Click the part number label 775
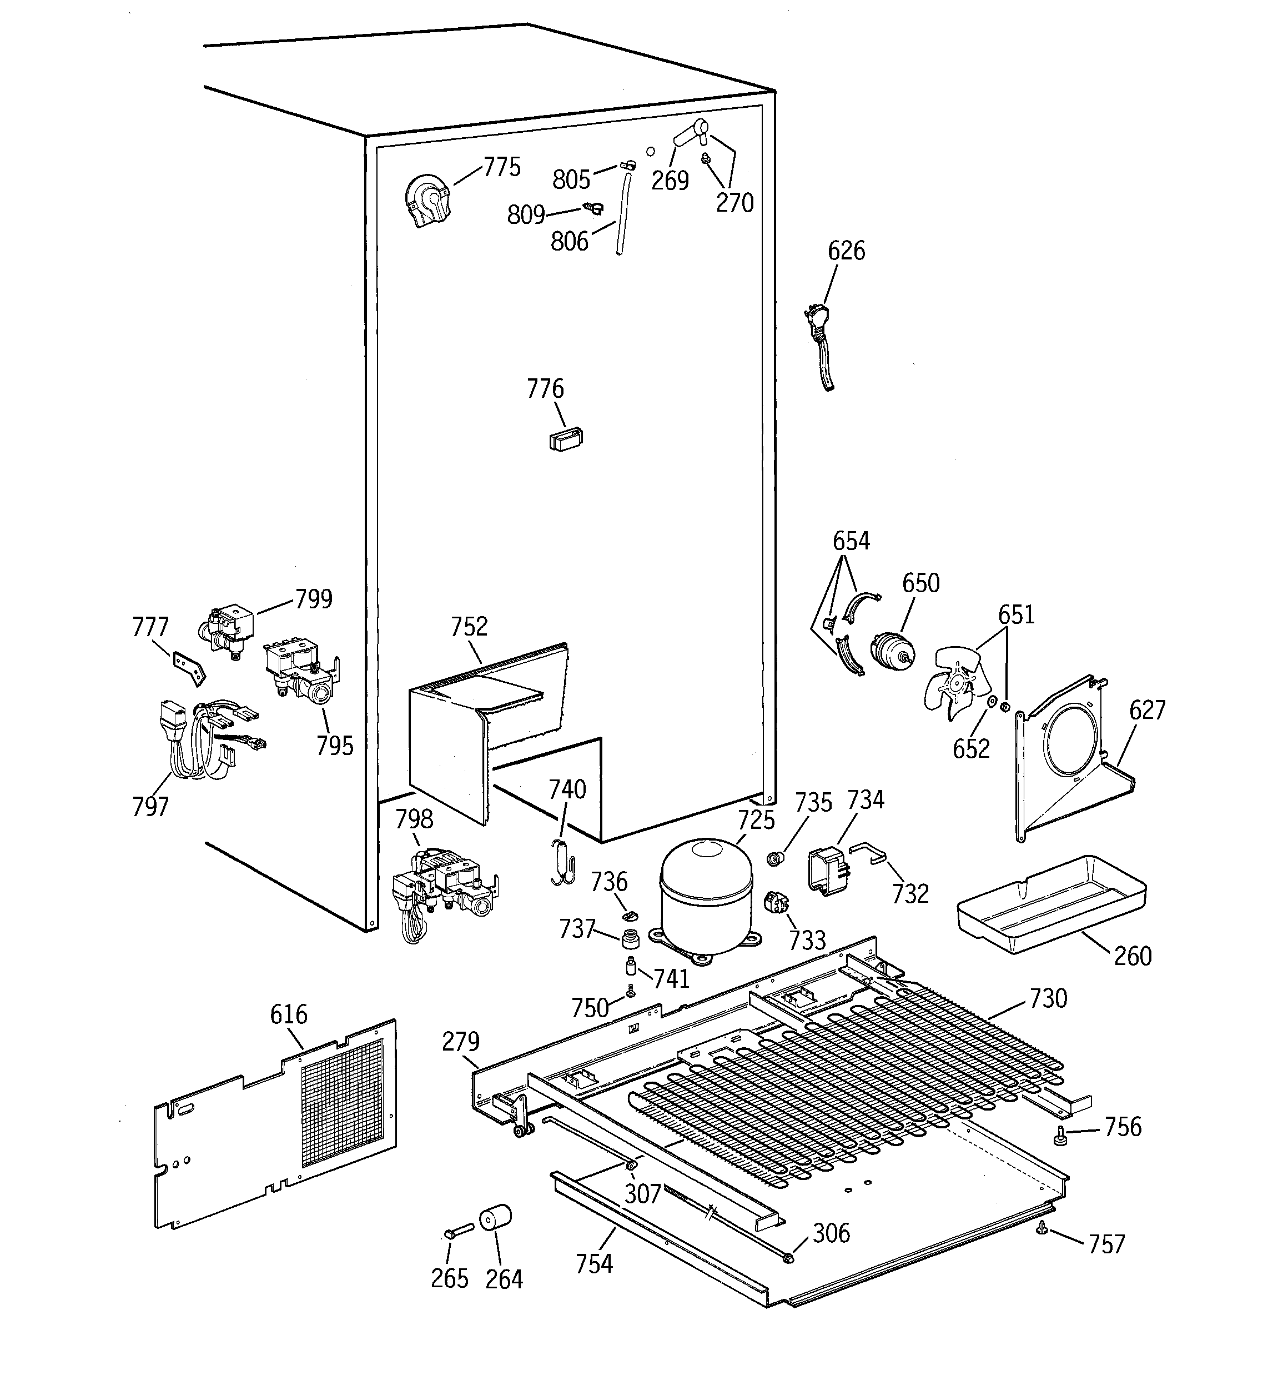click(x=501, y=167)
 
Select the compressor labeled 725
click(x=705, y=898)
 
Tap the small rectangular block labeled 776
click(x=566, y=438)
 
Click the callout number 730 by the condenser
click(x=1048, y=998)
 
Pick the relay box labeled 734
click(x=828, y=872)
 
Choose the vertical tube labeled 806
click(x=625, y=214)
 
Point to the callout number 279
click(x=460, y=1041)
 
